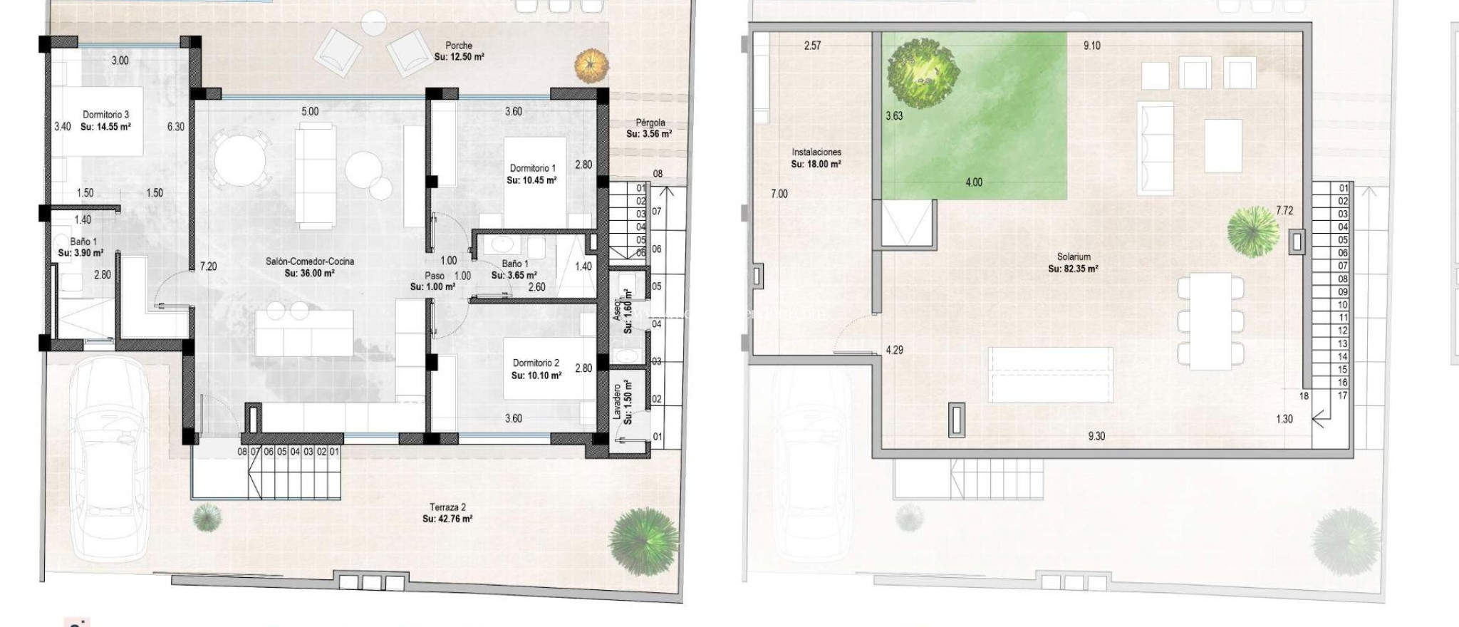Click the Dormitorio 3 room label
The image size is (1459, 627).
(x=105, y=115)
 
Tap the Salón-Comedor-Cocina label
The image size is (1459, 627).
(x=310, y=261)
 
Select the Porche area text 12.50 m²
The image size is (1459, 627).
(x=459, y=57)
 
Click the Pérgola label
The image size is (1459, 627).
(x=650, y=123)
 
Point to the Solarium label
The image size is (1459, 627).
(x=1073, y=257)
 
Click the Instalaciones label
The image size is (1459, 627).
(x=816, y=152)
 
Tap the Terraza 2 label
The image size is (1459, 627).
(x=447, y=507)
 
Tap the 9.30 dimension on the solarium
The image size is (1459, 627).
(x=1096, y=436)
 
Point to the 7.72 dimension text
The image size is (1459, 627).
(x=1284, y=211)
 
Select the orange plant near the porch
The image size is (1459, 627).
(x=592, y=65)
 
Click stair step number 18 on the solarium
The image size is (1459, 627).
(x=1304, y=396)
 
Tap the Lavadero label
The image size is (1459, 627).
(x=617, y=403)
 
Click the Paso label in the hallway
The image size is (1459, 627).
(x=435, y=276)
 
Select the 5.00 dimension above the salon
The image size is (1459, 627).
(x=310, y=112)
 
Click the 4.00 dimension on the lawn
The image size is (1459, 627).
(x=973, y=182)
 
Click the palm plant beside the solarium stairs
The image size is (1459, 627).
(x=1253, y=231)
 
